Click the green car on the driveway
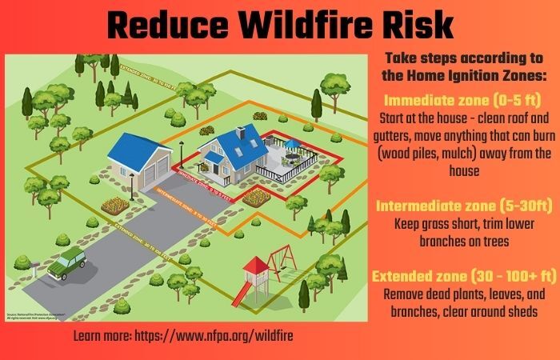(x=67, y=262)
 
